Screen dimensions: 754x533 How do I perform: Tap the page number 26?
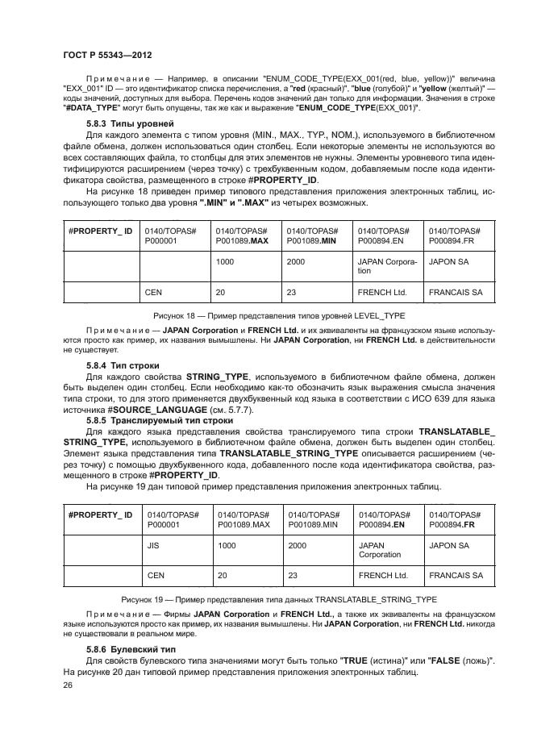coord(68,685)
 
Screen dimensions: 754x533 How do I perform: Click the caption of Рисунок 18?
coord(278,315)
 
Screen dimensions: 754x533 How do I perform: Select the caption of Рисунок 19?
coord(278,599)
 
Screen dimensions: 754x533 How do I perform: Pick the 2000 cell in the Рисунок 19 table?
coord(297,545)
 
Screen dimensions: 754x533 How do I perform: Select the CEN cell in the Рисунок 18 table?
coord(153,292)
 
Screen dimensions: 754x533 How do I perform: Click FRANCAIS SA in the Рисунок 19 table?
coord(456,575)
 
